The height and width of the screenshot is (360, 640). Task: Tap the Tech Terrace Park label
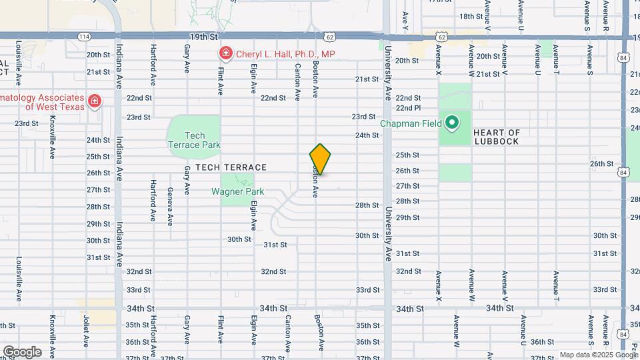[x=194, y=140]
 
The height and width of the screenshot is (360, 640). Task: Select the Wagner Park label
[x=237, y=192]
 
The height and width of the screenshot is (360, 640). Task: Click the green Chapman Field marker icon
[x=452, y=122]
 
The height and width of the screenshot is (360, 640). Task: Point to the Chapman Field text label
[x=411, y=123]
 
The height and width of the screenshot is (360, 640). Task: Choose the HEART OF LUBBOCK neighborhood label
[x=505, y=137]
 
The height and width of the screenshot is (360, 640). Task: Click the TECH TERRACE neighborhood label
[x=231, y=167]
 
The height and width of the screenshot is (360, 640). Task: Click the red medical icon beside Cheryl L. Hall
[x=226, y=53]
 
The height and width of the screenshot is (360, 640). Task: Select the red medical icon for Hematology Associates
[x=95, y=101]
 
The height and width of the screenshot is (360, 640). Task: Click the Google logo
[x=21, y=352]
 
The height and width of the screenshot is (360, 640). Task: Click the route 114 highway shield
[x=83, y=36]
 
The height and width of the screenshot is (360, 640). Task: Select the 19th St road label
[x=204, y=37]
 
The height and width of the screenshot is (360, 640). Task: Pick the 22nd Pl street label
[x=408, y=107]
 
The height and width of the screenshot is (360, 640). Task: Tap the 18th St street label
[x=470, y=16]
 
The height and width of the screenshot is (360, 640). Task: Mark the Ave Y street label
[x=405, y=22]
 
